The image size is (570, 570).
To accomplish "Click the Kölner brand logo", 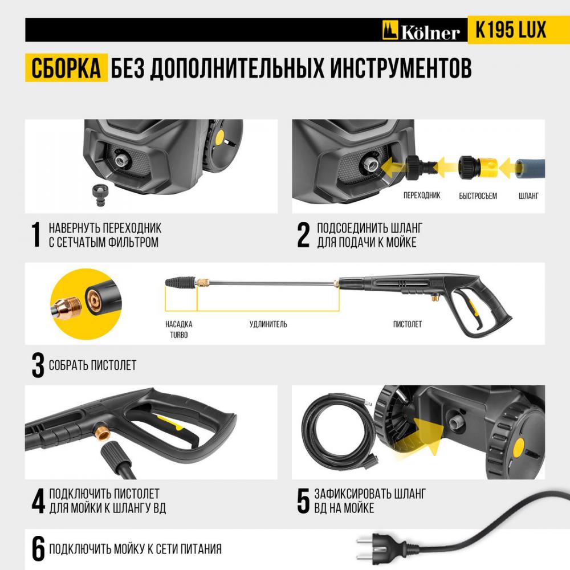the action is [x=421, y=31].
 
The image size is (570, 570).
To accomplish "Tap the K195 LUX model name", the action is [x=510, y=30].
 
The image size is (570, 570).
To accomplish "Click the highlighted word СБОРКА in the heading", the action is [x=66, y=68].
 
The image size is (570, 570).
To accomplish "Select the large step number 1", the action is [x=36, y=234].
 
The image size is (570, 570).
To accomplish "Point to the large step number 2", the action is [x=304, y=235].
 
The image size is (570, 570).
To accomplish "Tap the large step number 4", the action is [x=38, y=500].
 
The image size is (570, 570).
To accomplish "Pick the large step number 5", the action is [x=303, y=501].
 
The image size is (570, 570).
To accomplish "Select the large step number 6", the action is [x=38, y=548].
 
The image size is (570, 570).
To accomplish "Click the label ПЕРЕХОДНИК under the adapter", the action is [x=422, y=195].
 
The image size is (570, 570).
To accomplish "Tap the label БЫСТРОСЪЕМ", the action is [x=478, y=196].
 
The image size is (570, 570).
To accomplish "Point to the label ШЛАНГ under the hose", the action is [x=528, y=196].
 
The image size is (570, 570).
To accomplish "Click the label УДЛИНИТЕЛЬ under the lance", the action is [x=268, y=324].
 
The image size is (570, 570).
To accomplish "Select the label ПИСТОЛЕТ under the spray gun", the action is [x=407, y=324].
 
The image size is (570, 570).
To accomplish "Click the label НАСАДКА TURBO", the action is [x=179, y=329].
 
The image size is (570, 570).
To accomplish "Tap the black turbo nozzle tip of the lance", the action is [x=181, y=282].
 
